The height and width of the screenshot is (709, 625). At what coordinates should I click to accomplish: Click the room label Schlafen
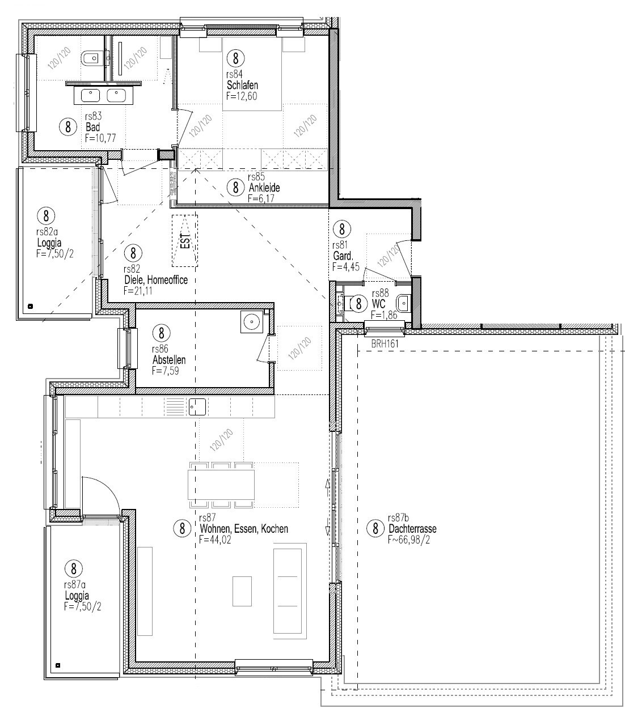click(x=242, y=86)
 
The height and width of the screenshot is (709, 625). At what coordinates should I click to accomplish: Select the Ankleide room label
click(x=264, y=188)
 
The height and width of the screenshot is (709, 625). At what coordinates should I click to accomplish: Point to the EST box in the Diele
click(x=185, y=241)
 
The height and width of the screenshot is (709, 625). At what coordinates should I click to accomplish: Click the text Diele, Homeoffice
click(x=155, y=280)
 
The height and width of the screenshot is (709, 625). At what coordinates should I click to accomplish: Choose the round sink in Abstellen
click(x=251, y=322)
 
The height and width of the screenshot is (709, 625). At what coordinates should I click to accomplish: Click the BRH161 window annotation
click(x=385, y=343)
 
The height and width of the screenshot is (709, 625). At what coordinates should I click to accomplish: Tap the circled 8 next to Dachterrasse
click(x=375, y=529)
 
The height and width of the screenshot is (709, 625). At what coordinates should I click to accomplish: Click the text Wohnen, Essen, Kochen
click(x=243, y=529)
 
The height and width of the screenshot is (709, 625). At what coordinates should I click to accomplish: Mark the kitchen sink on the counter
click(x=196, y=406)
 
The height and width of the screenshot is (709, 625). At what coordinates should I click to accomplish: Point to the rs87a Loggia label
click(x=77, y=596)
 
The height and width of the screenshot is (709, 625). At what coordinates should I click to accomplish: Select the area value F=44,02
click(x=215, y=540)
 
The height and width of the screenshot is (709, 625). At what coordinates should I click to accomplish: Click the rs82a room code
click(x=47, y=231)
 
